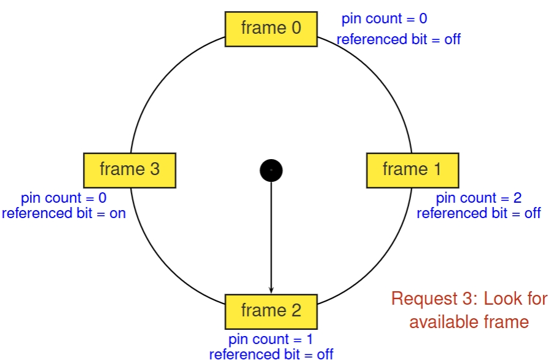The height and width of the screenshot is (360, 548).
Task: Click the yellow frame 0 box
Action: click(271, 28)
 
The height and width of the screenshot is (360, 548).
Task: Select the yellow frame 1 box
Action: click(412, 170)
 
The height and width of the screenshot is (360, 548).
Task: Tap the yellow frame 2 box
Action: click(271, 311)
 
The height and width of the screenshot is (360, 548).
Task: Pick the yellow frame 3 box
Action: click(130, 170)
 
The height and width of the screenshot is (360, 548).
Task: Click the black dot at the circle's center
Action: click(271, 170)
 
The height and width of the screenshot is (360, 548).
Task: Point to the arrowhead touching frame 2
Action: click(271, 291)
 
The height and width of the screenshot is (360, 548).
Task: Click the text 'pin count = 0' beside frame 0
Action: click(384, 19)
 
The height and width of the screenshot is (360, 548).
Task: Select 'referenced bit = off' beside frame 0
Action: click(398, 40)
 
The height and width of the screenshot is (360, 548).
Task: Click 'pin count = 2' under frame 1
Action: click(479, 198)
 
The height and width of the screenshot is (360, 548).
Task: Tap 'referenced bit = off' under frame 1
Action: click(479, 213)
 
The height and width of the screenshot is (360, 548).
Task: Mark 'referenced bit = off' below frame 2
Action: click(271, 354)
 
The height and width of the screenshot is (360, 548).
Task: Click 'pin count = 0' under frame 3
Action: click(64, 198)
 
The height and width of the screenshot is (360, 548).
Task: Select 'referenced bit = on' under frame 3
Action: click(64, 213)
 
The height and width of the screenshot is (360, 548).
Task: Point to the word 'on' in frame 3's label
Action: click(117, 213)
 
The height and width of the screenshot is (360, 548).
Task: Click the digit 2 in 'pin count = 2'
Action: click(517, 198)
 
